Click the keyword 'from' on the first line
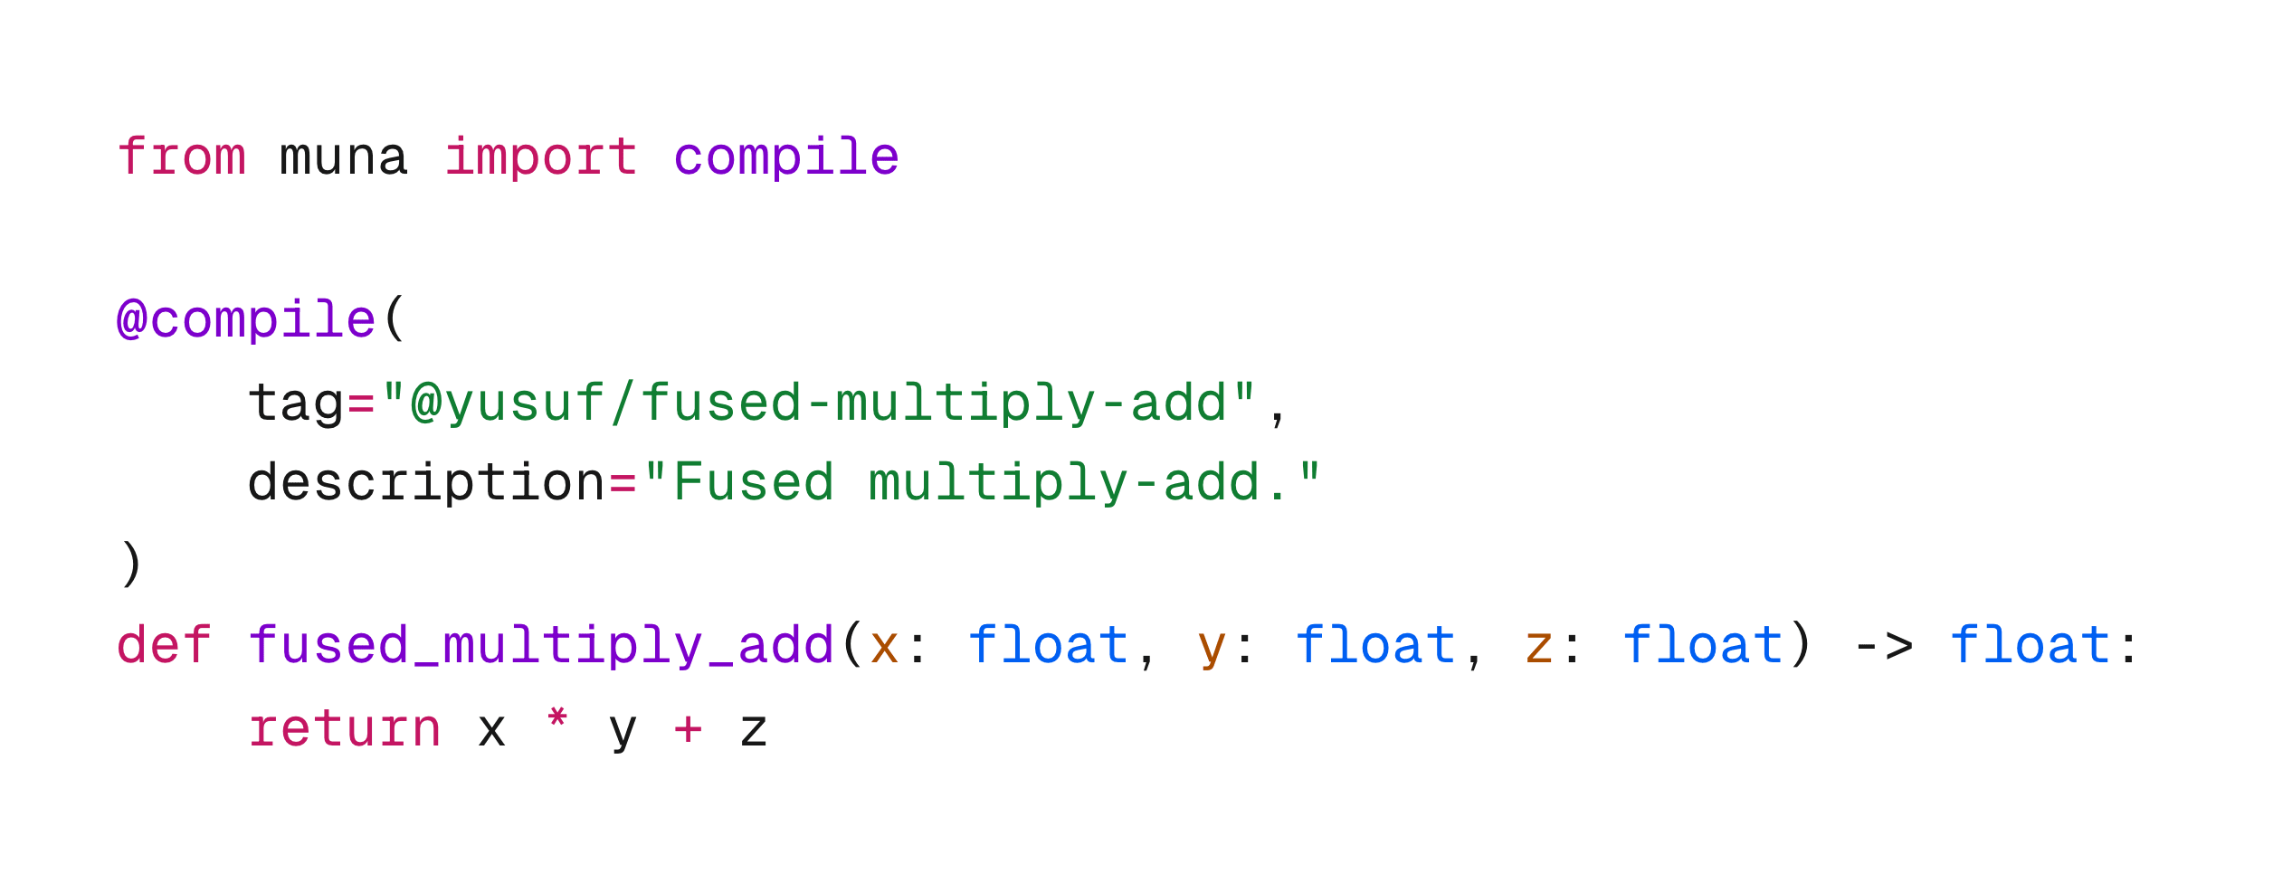click(x=181, y=157)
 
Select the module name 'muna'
click(x=344, y=157)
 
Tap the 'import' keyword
click(x=541, y=157)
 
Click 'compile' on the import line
click(x=785, y=157)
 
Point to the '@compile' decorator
click(x=246, y=320)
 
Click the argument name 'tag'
click(x=296, y=404)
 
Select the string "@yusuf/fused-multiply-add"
click(x=818, y=402)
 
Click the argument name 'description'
click(x=426, y=482)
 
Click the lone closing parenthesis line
click(x=131, y=564)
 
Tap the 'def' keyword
click(x=164, y=646)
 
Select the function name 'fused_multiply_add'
click(x=541, y=646)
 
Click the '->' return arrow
click(x=1883, y=646)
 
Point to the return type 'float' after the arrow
click(x=2030, y=646)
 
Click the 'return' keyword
click(x=345, y=729)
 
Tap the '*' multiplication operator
click(x=557, y=721)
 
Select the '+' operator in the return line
click(x=688, y=729)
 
